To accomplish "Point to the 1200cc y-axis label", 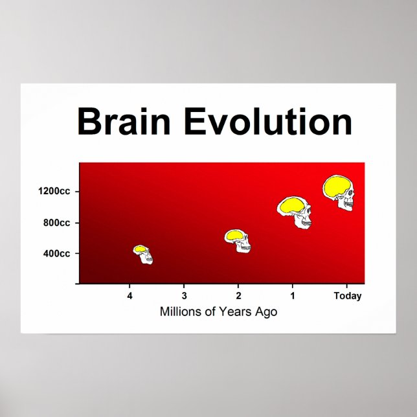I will click(54, 191).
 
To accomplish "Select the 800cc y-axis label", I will click(56, 223).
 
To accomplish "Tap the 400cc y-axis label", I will click(56, 253).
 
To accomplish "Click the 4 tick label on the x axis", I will click(130, 297).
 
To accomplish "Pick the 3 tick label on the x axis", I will click(185, 297).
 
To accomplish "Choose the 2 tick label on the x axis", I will click(238, 297).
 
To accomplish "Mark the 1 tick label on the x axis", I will click(293, 297).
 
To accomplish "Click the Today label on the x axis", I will click(347, 297).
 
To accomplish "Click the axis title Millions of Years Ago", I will click(218, 312).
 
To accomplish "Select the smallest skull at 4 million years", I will click(144, 254).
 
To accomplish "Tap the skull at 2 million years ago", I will click(238, 240).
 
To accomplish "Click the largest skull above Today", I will click(340, 192).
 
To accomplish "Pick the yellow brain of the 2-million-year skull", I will click(234, 236).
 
